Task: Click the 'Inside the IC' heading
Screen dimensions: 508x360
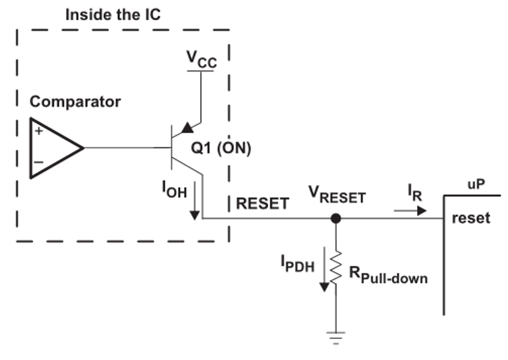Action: click(x=113, y=14)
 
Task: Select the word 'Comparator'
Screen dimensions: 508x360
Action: click(x=75, y=102)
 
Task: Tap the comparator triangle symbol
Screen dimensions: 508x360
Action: click(x=31, y=148)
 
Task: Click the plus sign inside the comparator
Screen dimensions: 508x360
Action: click(x=39, y=131)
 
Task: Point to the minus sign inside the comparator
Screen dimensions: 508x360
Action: click(x=39, y=162)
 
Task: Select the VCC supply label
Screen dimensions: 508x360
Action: click(x=201, y=59)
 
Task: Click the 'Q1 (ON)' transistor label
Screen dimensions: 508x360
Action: click(x=221, y=148)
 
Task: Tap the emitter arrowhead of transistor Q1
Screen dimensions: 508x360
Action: click(x=187, y=128)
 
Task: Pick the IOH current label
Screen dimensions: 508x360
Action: click(x=175, y=189)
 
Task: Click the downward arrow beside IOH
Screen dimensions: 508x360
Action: click(x=194, y=201)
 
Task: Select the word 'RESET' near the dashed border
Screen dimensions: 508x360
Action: click(x=262, y=204)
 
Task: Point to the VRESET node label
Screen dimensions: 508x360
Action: click(x=337, y=194)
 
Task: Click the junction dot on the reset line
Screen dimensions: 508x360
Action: click(x=336, y=219)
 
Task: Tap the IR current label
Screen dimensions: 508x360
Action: click(x=415, y=192)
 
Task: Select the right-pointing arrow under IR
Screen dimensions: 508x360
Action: click(x=410, y=211)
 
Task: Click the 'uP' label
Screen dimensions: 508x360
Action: click(x=476, y=185)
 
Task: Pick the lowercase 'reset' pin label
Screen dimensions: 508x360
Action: click(x=471, y=218)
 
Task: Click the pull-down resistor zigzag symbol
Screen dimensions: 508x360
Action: click(x=336, y=268)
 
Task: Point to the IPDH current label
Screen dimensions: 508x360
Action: click(x=297, y=263)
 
